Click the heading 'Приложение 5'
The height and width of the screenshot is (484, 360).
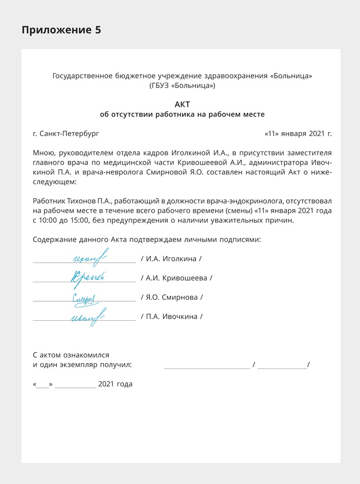(61, 30)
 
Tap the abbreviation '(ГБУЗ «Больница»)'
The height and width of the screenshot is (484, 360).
(182, 86)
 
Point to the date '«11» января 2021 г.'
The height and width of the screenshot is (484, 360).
(298, 133)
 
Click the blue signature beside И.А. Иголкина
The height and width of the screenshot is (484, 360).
(90, 257)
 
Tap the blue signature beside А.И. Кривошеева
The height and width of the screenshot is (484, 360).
(88, 277)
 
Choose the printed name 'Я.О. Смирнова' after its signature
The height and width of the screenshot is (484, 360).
(172, 297)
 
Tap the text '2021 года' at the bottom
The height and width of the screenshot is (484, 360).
(115, 384)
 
